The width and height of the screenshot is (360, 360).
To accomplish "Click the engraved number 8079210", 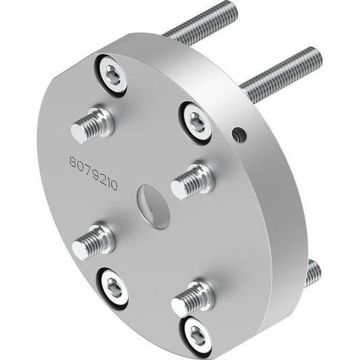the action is (94, 174).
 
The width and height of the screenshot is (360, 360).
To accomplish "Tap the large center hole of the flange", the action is (153, 207).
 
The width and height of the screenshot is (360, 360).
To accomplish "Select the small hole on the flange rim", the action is (240, 134).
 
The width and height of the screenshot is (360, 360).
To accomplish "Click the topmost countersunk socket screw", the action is (111, 75).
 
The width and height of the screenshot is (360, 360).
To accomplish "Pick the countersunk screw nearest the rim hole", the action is (195, 123).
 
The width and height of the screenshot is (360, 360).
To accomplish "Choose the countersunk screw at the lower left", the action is (113, 288).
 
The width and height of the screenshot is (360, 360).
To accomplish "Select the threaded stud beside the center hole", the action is (193, 180).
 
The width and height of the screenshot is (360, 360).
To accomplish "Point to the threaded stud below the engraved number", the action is (93, 242).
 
